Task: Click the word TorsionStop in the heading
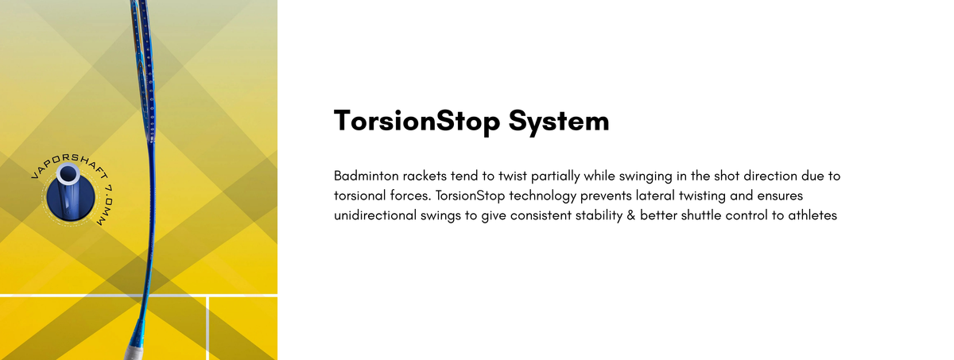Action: [x=417, y=121]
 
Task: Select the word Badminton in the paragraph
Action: [x=366, y=176]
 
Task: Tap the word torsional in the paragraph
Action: [x=360, y=195]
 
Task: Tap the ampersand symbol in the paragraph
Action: [x=630, y=215]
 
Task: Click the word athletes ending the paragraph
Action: [x=812, y=215]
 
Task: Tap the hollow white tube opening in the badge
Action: [x=68, y=174]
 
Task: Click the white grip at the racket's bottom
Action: [x=135, y=353]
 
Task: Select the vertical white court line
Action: [x=207, y=328]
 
